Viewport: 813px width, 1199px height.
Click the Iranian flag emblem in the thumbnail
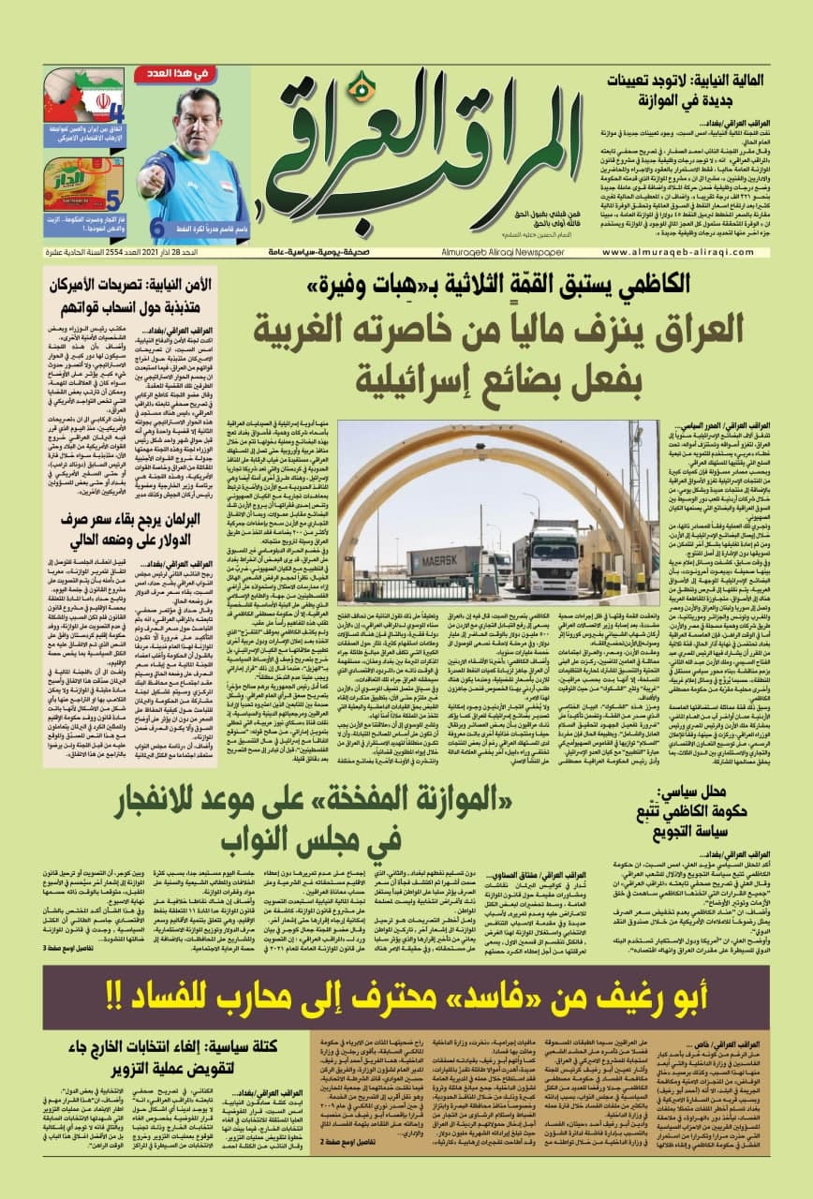click(x=93, y=103)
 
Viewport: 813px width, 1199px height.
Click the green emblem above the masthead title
click(x=360, y=89)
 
